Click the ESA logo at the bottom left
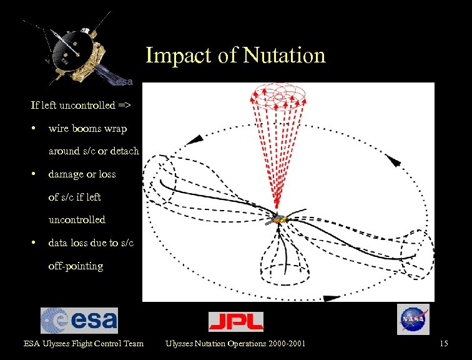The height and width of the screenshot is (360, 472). [x=79, y=320]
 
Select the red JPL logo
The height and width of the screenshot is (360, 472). [x=235, y=321]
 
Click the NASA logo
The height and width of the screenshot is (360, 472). [x=413, y=319]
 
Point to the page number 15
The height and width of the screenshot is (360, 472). [x=444, y=343]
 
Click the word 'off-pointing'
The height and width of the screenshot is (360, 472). [x=76, y=266]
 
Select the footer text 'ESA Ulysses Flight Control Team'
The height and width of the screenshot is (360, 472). [x=83, y=343]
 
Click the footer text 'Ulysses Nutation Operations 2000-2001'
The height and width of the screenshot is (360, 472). [x=235, y=343]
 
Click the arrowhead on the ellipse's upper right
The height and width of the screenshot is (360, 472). [x=395, y=161]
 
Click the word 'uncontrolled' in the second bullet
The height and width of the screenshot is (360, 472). [x=77, y=219]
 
